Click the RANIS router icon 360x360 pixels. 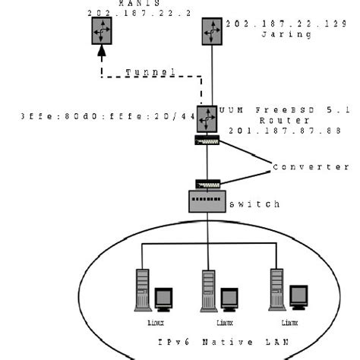pos(102,31)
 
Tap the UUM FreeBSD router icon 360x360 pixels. pos(207,118)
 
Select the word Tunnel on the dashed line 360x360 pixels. pos(151,71)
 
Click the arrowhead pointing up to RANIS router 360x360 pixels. pos(102,52)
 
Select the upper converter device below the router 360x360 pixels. pos(207,141)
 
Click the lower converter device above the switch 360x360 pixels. pos(207,184)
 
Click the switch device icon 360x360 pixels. pos(207,201)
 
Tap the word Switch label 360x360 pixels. pos(254,204)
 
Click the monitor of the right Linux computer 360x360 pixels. pos(298,296)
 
